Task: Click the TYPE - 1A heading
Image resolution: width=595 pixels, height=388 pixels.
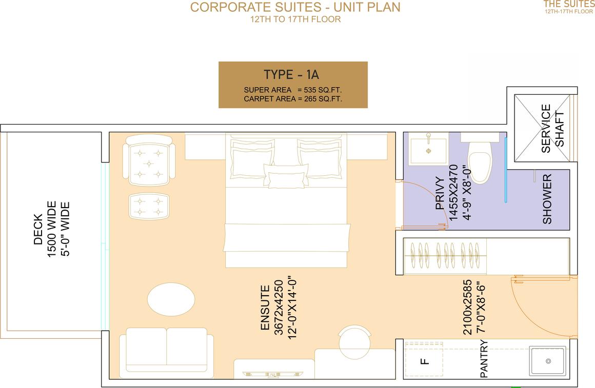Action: (291, 75)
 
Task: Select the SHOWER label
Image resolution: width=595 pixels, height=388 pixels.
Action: (547, 199)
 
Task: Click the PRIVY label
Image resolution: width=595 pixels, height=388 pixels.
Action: (440, 193)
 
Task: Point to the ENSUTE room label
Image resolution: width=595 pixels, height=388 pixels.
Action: (265, 308)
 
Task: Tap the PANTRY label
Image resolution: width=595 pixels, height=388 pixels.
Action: (484, 359)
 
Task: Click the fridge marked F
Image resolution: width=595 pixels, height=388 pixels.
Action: (424, 360)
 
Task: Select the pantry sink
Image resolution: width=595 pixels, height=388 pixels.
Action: (548, 361)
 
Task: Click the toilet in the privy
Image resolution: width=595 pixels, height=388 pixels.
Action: (480, 159)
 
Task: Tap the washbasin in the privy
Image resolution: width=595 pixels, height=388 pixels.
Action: (428, 150)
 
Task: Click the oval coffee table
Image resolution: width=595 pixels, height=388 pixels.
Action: (171, 299)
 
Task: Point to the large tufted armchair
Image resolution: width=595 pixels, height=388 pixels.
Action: (149, 160)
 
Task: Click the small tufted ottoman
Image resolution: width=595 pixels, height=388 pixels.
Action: (149, 206)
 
